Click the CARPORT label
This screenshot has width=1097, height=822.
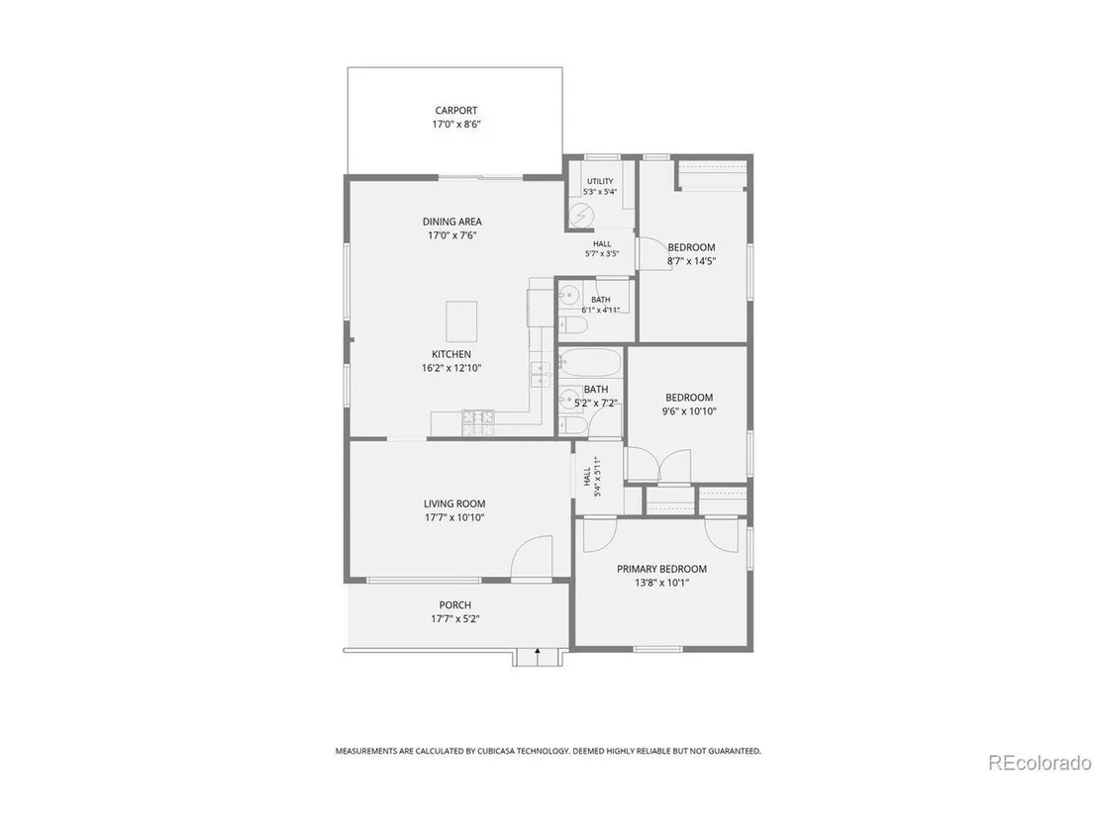[x=456, y=111]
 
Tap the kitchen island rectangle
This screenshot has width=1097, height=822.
[x=461, y=321]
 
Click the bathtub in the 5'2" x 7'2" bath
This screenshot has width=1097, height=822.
[x=590, y=363]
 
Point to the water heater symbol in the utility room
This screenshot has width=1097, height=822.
[x=580, y=215]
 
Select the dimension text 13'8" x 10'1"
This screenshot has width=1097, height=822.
[x=661, y=583]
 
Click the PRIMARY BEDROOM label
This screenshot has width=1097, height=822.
[x=661, y=569]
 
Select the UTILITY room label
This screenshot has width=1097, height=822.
[x=600, y=181]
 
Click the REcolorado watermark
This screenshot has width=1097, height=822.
[x=1040, y=762]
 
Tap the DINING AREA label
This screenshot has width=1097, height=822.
[x=451, y=222]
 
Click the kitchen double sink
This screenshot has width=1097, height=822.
[x=541, y=375]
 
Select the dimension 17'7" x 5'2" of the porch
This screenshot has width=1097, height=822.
[x=455, y=618]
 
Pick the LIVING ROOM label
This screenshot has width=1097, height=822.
[x=454, y=503]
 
